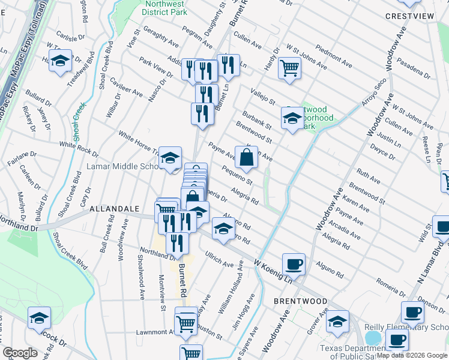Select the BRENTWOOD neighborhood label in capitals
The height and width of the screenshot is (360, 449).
tap(300, 301)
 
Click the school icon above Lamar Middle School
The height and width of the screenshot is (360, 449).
tap(170, 158)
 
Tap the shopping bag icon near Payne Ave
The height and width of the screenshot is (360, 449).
tap(246, 158)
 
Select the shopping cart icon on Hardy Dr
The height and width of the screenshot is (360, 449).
tap(289, 69)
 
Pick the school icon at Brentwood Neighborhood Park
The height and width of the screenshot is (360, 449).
tap(292, 118)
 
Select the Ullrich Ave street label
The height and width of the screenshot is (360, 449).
tap(219, 260)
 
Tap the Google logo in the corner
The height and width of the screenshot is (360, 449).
tap(20, 353)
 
